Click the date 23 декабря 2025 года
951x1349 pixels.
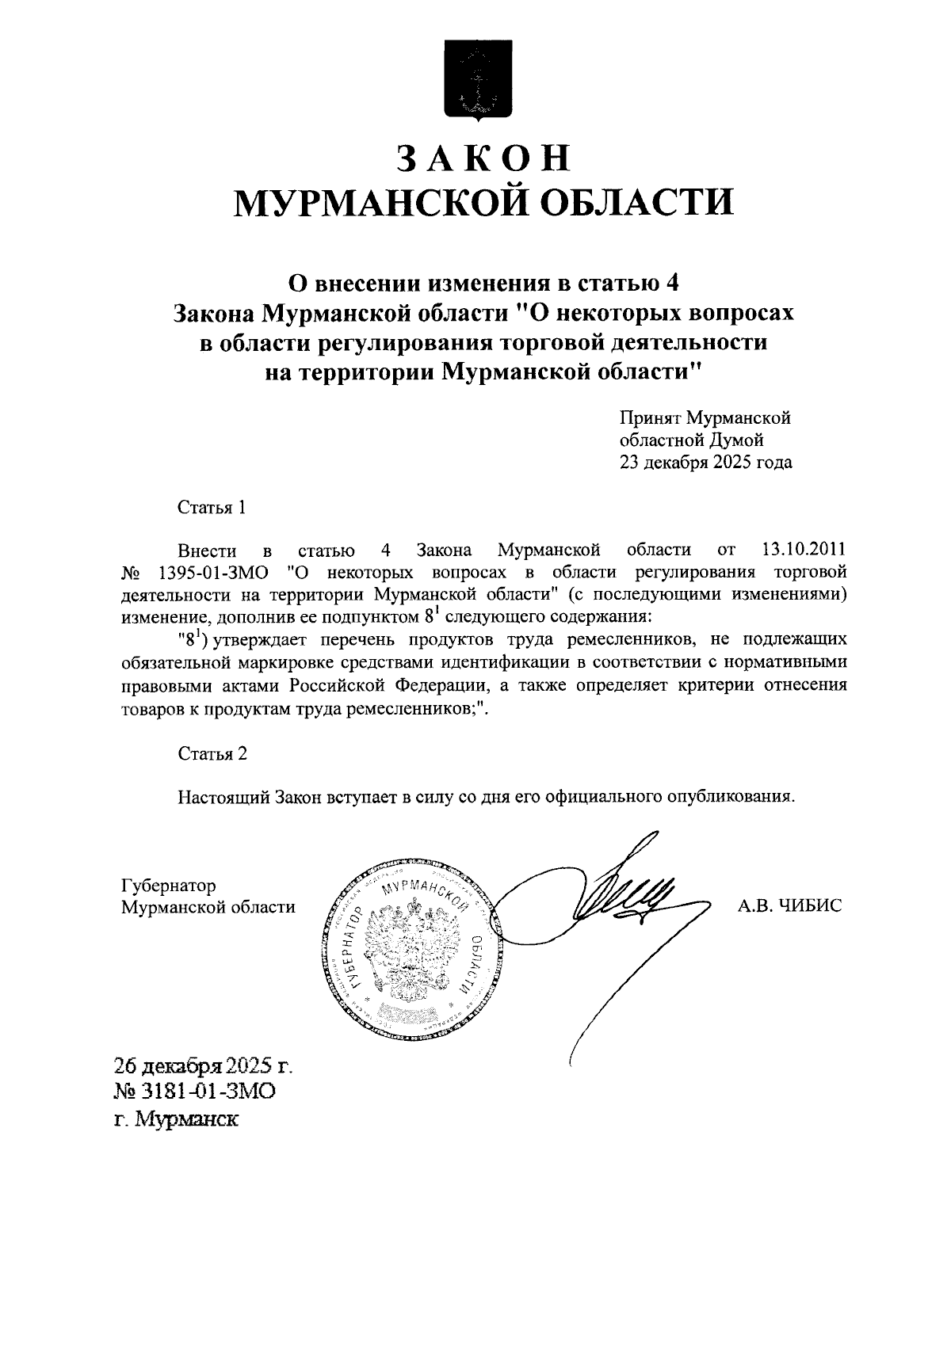coord(705,463)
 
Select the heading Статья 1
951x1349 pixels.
coord(212,508)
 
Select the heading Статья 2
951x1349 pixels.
coord(212,753)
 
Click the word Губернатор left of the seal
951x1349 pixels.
coord(169,885)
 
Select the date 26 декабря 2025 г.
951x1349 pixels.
coord(203,1065)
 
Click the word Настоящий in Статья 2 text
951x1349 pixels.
coord(224,796)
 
